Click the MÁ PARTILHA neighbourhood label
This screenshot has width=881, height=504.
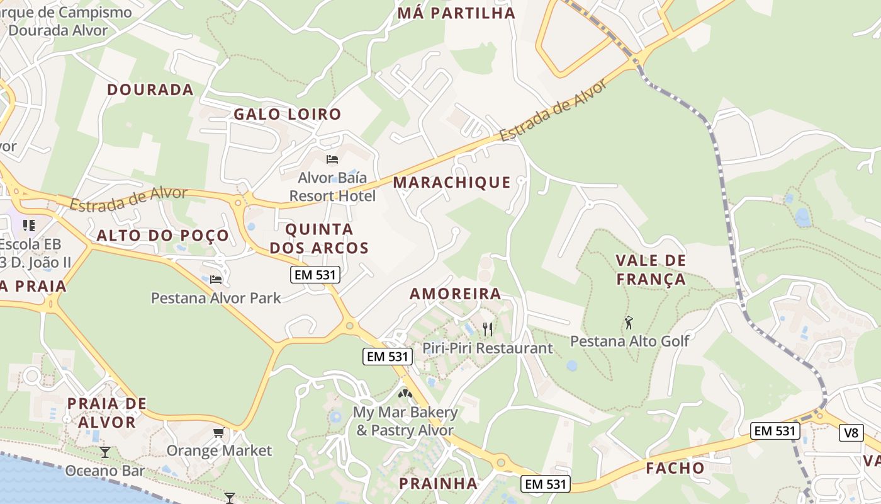[456, 13]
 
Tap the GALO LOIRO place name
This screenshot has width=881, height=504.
[287, 114]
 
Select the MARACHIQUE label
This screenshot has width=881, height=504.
[452, 183]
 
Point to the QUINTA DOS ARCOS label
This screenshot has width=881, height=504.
[319, 238]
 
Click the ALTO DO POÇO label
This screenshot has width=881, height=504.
[162, 236]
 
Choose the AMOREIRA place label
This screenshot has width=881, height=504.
[456, 294]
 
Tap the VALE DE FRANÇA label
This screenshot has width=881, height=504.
[651, 270]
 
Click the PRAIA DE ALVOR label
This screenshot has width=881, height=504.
[106, 413]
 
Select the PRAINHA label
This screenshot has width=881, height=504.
[439, 483]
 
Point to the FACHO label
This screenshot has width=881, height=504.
[675, 468]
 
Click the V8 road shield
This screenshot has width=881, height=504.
[851, 433]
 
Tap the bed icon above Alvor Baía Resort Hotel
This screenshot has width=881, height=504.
[332, 159]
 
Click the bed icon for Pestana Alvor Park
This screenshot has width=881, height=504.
[216, 279]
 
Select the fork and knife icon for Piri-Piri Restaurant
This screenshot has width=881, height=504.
[487, 329]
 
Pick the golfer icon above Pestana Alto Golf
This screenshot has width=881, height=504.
[629, 323]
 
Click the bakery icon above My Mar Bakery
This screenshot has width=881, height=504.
[405, 394]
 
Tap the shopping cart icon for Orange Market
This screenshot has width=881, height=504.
[218, 432]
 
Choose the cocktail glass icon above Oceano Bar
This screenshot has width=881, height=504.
[105, 452]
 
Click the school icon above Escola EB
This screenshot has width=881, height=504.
[28, 225]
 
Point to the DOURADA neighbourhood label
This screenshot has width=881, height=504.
[150, 89]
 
